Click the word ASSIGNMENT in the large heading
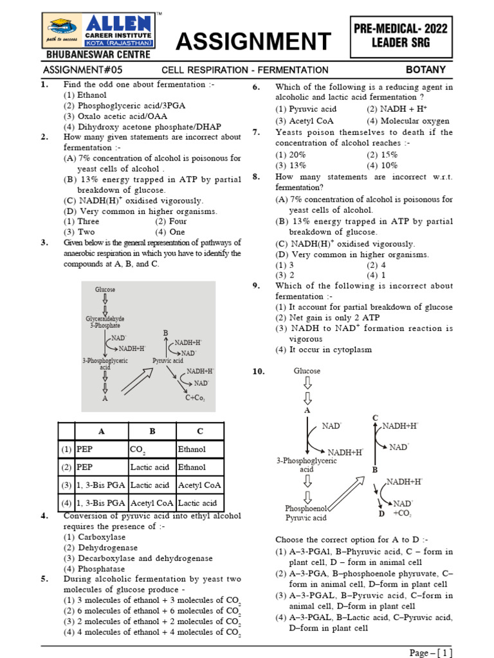253,42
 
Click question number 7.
255,132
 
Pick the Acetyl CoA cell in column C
200,485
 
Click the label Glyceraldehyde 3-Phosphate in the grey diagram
105,322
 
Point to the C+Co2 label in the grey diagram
195,398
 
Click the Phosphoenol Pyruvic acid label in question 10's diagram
306,513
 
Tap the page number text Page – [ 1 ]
430,653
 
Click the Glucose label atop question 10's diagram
307,371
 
